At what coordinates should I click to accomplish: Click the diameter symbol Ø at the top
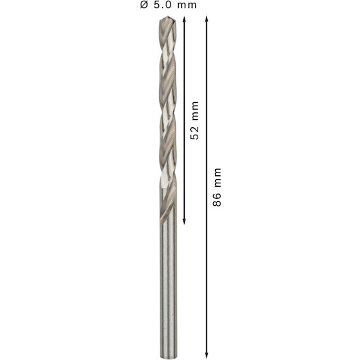[143, 5]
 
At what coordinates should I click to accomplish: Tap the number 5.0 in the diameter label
[162, 5]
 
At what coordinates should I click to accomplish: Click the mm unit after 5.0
[187, 5]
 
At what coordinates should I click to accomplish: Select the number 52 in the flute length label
[194, 132]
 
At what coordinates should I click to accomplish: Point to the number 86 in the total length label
[217, 199]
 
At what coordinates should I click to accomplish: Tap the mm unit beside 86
[218, 178]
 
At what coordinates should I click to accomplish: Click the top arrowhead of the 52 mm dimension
[184, 19]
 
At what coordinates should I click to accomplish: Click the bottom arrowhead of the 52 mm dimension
[184, 221]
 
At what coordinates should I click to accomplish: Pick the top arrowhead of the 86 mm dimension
[206, 18]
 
